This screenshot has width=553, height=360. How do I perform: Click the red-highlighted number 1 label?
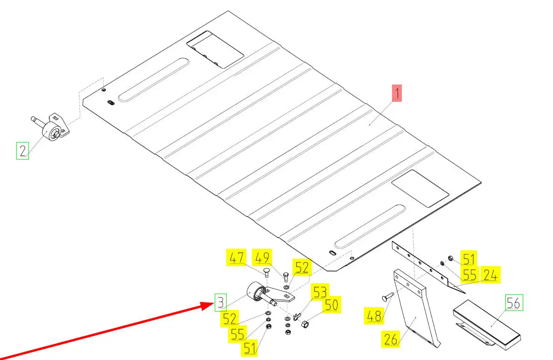[396, 93]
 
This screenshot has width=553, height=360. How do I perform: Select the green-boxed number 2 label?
[22, 151]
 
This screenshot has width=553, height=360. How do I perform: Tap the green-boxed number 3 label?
[221, 302]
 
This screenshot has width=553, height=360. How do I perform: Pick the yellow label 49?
[262, 258]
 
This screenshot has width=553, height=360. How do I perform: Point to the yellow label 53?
[320, 292]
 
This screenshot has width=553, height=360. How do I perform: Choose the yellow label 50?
[331, 305]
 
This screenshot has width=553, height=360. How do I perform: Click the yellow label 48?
[373, 316]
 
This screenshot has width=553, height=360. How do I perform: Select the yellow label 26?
[391, 339]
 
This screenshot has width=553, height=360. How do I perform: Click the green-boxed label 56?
[514, 303]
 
